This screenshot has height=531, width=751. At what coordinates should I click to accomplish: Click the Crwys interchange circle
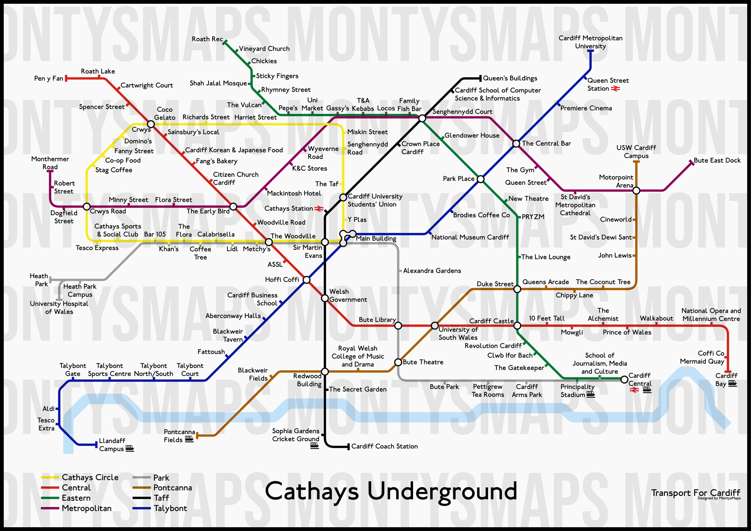point(151,124)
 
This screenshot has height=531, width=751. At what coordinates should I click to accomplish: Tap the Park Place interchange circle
point(480,179)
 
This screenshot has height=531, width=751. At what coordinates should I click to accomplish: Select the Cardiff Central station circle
point(624,380)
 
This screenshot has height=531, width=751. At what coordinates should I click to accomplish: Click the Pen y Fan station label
point(48,79)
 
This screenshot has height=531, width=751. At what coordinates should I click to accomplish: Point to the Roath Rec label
point(207,39)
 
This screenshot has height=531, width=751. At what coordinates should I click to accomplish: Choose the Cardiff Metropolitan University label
point(590,42)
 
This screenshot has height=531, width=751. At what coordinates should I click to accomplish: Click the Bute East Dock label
point(717,160)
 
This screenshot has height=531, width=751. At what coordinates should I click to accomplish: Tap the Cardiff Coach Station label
point(384,446)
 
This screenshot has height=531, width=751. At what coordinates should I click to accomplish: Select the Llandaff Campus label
point(112,445)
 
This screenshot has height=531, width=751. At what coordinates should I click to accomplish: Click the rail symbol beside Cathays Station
point(319,208)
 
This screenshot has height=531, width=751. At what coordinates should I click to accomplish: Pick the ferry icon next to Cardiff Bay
point(732,384)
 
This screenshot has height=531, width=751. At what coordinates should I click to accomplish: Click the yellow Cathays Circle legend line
point(50,477)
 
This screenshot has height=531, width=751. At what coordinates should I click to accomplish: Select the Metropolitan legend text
point(87,508)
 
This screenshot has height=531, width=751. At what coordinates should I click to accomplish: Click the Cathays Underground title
point(391,491)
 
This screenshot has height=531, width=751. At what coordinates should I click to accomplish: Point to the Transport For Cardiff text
point(695,493)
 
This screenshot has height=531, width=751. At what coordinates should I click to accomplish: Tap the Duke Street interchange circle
point(517,289)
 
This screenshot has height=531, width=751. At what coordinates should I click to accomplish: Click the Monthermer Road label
point(50,163)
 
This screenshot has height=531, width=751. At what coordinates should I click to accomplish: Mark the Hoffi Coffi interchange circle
point(306,280)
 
